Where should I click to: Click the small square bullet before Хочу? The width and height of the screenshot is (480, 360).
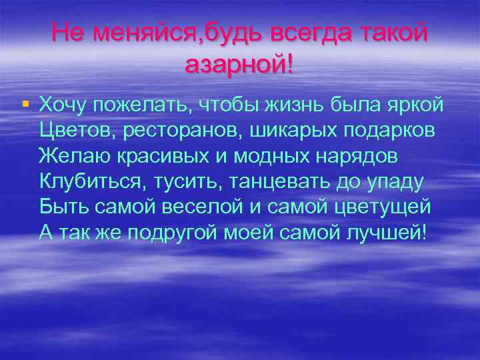point(25,104)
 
